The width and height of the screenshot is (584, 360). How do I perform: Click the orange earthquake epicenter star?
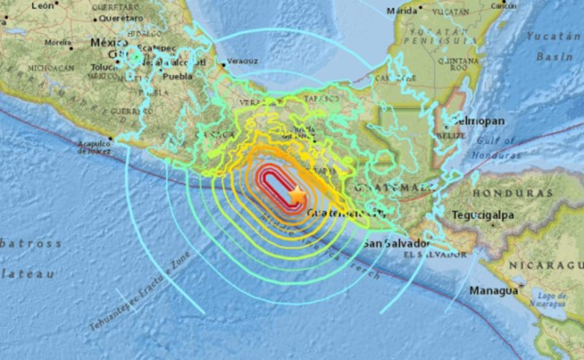coord(297,194)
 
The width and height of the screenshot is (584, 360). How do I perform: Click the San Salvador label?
coord(396,243)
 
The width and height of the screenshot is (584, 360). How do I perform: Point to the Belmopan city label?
coord(479,121)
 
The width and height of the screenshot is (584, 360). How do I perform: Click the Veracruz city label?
coord(242,61)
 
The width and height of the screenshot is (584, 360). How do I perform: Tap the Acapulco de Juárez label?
coord(94,147)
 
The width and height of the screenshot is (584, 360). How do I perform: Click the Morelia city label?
coord(58,42)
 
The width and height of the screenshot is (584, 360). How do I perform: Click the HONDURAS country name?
coord(512,193)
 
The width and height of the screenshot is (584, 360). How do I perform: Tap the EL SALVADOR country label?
coord(435,255)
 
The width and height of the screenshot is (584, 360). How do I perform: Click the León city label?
coord(42,6)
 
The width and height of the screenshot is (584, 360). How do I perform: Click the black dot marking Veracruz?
coord(223,64)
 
